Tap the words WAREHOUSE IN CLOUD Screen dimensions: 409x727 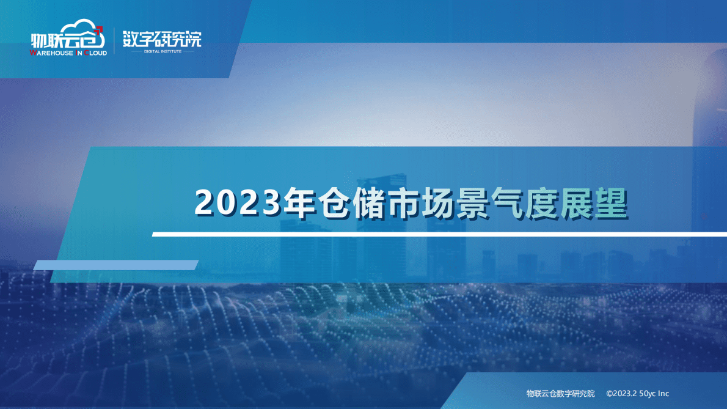tap(68, 53)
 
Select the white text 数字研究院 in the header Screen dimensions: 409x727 tap(161, 39)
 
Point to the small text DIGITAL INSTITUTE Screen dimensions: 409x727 tap(161, 51)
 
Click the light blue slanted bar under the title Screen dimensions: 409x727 tap(115, 265)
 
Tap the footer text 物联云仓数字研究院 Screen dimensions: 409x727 tap(560, 394)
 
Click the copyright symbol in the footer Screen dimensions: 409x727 tap(609, 394)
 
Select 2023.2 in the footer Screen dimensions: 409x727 tap(625, 394)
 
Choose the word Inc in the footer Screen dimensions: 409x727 tap(664, 394)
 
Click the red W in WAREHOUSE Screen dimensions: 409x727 tap(33, 53)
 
